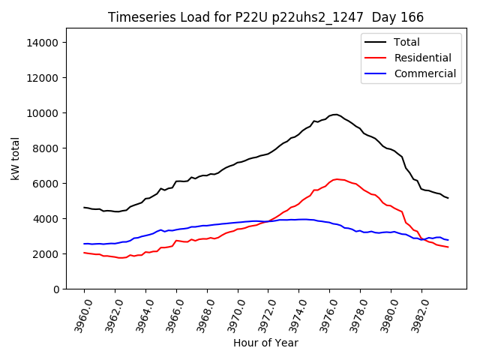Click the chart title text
(x=265, y=17)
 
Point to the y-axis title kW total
(x=16, y=158)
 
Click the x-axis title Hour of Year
(x=265, y=343)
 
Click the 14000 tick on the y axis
(x=43, y=43)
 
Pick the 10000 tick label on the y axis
(x=43, y=113)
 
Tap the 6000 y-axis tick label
(x=46, y=184)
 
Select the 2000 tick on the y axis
(x=46, y=254)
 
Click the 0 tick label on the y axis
(x=55, y=289)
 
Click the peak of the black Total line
(x=336, y=115)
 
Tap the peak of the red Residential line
(x=337, y=179)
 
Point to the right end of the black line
(x=448, y=198)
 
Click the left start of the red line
(x=84, y=253)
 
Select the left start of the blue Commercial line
(x=84, y=244)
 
